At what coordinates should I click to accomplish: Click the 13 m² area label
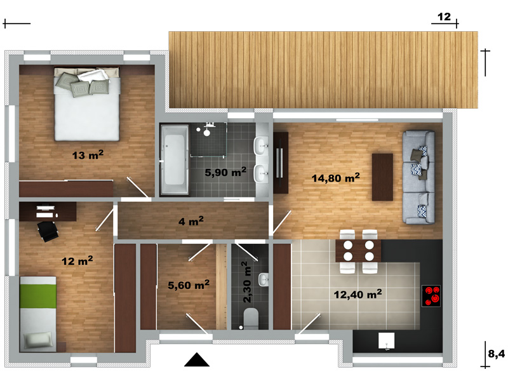click(x=88, y=155)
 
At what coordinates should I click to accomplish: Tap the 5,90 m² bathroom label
click(x=225, y=171)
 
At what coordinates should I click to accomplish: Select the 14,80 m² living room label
click(x=336, y=178)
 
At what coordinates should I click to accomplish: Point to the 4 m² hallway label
click(x=191, y=221)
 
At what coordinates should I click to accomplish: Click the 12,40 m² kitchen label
click(x=358, y=294)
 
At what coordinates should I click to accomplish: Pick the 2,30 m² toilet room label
click(x=246, y=282)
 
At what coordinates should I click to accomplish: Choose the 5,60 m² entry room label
click(x=189, y=284)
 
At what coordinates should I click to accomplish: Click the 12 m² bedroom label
click(x=77, y=260)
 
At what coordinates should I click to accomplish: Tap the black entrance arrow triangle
click(x=197, y=359)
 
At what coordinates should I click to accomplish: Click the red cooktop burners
click(x=431, y=296)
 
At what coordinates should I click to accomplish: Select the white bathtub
click(x=174, y=160)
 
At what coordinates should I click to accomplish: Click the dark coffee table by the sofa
click(x=382, y=177)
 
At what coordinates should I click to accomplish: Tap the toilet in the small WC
click(x=251, y=317)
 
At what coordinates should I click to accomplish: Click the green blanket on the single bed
click(x=38, y=297)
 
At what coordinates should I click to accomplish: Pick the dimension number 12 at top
click(x=444, y=17)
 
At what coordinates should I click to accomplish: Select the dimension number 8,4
click(x=497, y=354)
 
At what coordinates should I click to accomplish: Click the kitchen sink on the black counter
click(x=387, y=341)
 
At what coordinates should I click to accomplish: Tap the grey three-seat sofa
click(x=418, y=177)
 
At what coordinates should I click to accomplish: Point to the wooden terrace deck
click(x=323, y=70)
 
